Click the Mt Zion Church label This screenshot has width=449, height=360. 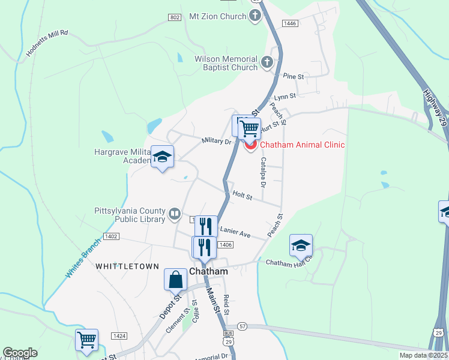tap(218, 16)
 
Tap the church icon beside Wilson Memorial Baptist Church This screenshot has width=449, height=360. tap(267, 61)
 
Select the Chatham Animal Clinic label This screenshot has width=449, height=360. tap(302, 145)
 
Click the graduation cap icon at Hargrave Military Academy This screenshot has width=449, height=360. tap(161, 157)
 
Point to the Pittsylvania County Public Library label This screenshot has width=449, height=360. tap(130, 215)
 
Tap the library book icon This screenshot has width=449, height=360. tap(174, 213)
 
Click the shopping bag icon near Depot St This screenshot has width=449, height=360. tap(175, 280)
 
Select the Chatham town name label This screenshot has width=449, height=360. tap(209, 271)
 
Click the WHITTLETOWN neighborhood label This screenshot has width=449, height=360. tap(127, 266)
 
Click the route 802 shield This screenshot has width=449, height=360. tap(175, 18)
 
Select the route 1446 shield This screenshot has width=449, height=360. tap(291, 23)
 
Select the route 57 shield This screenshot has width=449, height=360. tap(242, 326)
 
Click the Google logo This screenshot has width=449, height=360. tap(20, 353)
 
